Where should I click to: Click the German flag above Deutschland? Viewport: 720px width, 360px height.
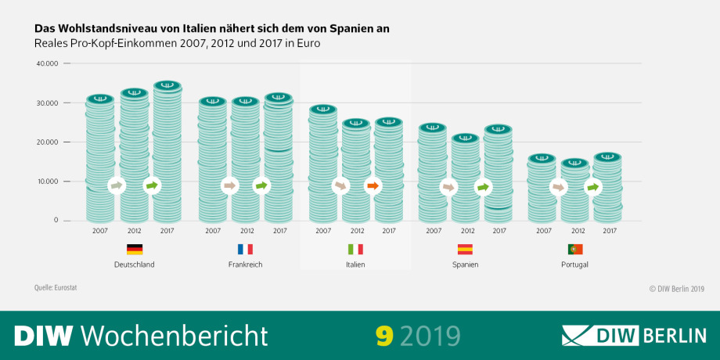click(135, 250)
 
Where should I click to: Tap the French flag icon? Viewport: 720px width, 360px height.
click(245, 250)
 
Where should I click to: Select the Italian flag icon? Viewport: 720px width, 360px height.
click(355, 250)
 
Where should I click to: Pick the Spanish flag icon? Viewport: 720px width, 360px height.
click(465, 250)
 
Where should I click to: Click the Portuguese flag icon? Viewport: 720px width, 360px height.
click(575, 250)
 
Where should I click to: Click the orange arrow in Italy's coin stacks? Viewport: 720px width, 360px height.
click(373, 186)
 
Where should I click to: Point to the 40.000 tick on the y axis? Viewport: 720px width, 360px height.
click(47, 63)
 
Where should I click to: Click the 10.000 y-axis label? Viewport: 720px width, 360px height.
click(47, 182)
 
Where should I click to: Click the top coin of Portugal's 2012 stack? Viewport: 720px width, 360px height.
click(575, 164)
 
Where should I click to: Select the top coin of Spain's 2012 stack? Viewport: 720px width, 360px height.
click(465, 139)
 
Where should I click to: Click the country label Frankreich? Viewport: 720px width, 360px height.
click(245, 265)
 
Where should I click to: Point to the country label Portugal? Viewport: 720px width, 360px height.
click(575, 265)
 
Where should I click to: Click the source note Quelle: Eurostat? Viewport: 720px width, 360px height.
click(56, 288)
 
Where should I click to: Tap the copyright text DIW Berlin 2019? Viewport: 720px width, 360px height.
click(677, 289)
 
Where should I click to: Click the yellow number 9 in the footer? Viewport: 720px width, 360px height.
click(383, 335)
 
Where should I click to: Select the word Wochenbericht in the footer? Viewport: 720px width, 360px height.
click(174, 335)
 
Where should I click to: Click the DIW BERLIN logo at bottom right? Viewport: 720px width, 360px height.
click(634, 335)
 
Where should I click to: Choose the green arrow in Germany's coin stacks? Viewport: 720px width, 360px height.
click(152, 185)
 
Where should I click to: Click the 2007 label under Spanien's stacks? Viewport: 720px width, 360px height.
click(433, 231)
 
